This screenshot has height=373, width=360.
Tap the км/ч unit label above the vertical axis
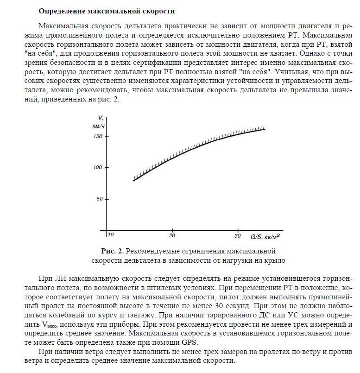97,126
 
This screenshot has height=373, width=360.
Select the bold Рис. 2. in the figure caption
112,251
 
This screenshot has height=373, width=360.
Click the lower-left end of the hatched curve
133,180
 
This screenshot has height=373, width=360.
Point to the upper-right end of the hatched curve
265,129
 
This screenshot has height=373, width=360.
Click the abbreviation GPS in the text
189,342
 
